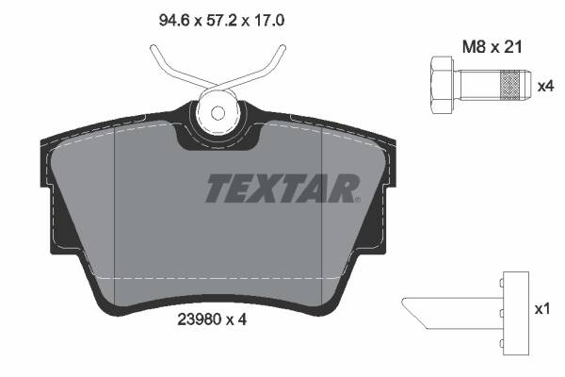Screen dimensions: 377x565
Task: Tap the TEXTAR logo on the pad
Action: [282, 189]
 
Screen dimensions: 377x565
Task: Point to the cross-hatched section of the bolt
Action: [509, 86]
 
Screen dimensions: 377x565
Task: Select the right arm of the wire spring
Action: [268, 66]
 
